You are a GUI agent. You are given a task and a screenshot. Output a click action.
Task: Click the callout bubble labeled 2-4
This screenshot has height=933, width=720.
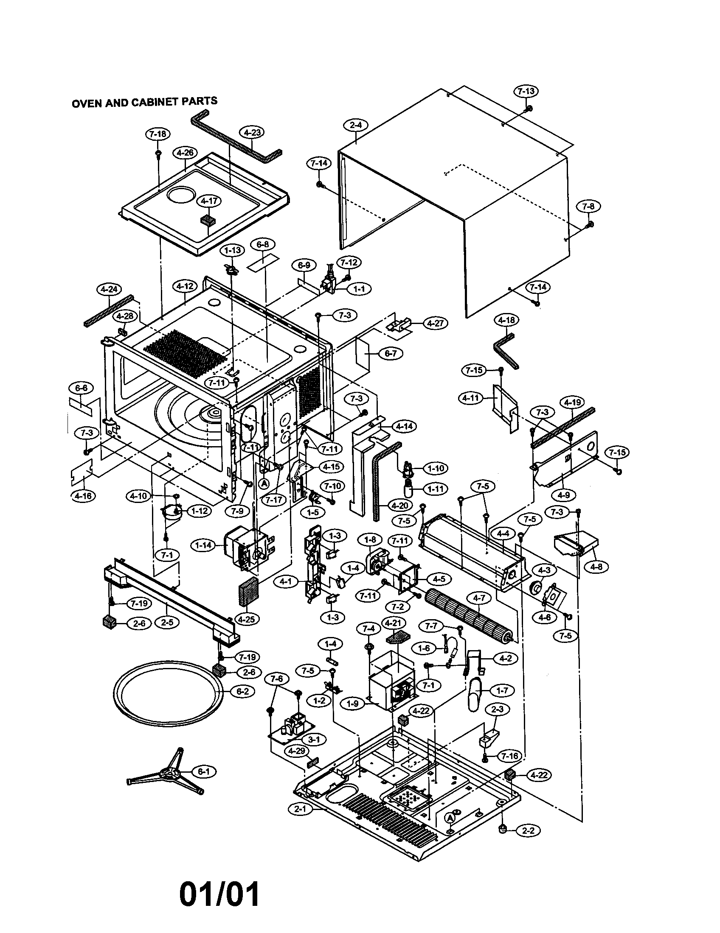356,125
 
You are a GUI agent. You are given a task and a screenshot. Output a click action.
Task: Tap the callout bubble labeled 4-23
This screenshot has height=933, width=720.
252,132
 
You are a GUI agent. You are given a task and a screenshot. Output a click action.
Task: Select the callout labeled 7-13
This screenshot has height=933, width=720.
526,92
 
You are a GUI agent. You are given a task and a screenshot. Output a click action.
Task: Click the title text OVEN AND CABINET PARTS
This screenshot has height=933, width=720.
144,103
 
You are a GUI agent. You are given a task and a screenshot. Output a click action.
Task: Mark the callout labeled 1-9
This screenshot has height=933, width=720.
353,703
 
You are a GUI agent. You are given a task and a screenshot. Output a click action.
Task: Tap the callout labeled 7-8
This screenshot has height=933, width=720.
588,207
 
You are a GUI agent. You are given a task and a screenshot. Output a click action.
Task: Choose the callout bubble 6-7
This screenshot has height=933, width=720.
391,354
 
